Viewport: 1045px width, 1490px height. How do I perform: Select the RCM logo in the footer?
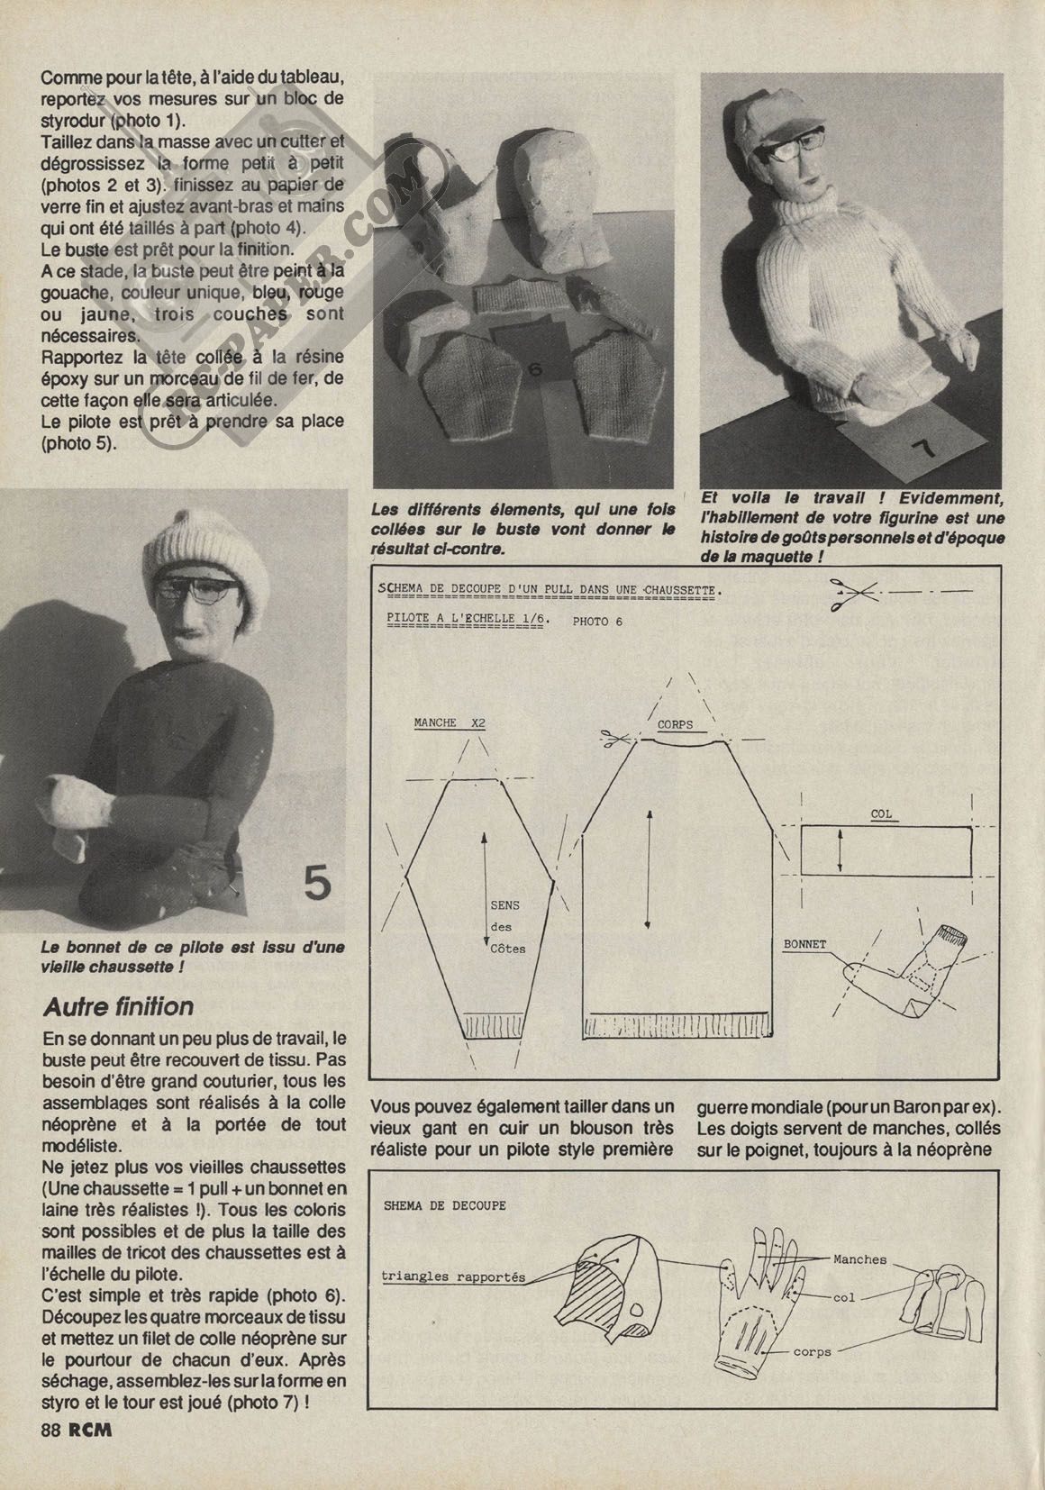click(x=93, y=1430)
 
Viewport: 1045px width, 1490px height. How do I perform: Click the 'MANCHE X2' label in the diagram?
click(x=450, y=722)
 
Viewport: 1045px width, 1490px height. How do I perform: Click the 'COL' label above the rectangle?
click(x=881, y=813)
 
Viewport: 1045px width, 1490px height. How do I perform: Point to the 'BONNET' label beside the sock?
click(x=804, y=945)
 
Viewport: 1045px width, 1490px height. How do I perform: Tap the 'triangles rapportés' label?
click(x=453, y=1276)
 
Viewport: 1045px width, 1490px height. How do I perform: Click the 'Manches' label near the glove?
click(x=859, y=1259)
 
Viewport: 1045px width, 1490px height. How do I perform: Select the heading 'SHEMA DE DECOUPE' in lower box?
click(x=445, y=1205)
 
